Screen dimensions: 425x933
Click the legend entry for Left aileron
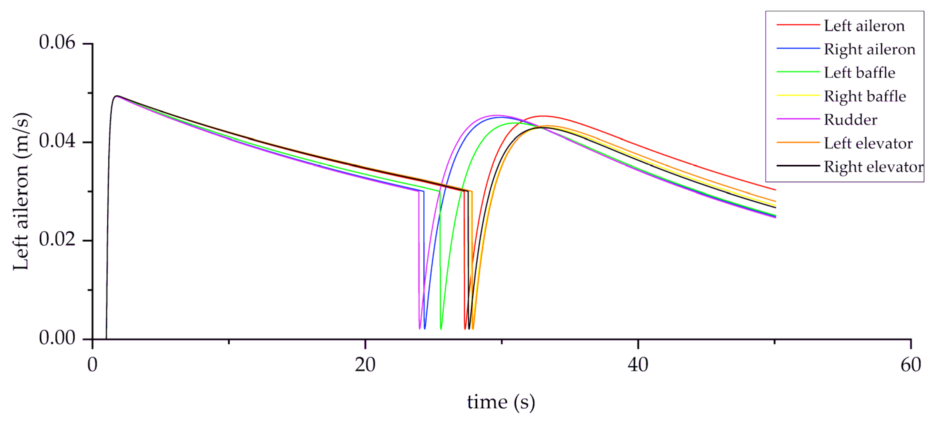pyautogui.click(x=864, y=26)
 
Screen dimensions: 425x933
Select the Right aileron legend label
pyautogui.click(x=869, y=49)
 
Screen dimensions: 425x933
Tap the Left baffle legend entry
pyautogui.click(x=859, y=73)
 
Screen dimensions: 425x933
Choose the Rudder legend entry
pyautogui.click(x=850, y=120)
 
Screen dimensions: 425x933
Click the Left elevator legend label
pyautogui.click(x=868, y=144)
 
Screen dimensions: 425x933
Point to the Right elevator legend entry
pyautogui.click(x=873, y=167)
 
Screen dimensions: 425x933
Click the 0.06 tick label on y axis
pyautogui.click(x=57, y=43)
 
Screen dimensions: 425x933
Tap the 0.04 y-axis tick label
pyautogui.click(x=57, y=141)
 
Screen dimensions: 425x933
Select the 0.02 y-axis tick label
pyautogui.click(x=57, y=240)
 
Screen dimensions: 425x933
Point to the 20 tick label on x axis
pyautogui.click(x=365, y=365)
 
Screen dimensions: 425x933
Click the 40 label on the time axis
pyautogui.click(x=638, y=365)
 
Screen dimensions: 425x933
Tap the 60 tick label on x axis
pyautogui.click(x=910, y=365)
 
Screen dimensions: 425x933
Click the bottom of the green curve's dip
pyautogui.click(x=441, y=328)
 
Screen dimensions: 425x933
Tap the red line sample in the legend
pyautogui.click(x=798, y=25)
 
